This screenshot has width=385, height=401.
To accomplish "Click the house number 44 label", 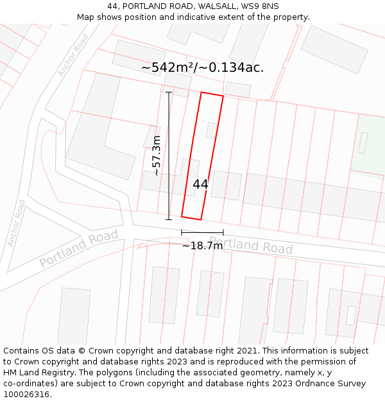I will [x=200, y=184].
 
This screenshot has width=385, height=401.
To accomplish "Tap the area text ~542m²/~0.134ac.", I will [x=202, y=67].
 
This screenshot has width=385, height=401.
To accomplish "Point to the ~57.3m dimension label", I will [x=156, y=155].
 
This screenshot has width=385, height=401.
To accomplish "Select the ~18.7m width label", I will [x=202, y=246].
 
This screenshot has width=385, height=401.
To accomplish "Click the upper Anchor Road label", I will [x=73, y=55].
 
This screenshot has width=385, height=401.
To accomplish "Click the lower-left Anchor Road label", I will [x=16, y=223].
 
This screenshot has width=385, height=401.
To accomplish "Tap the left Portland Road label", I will [x=79, y=248].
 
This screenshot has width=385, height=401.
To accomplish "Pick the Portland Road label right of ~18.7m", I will [x=251, y=245].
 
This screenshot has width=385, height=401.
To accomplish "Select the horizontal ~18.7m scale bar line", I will [x=202, y=232].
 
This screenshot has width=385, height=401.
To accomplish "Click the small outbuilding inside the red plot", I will [x=212, y=130].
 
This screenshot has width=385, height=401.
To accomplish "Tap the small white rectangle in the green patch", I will [x=363, y=142].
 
